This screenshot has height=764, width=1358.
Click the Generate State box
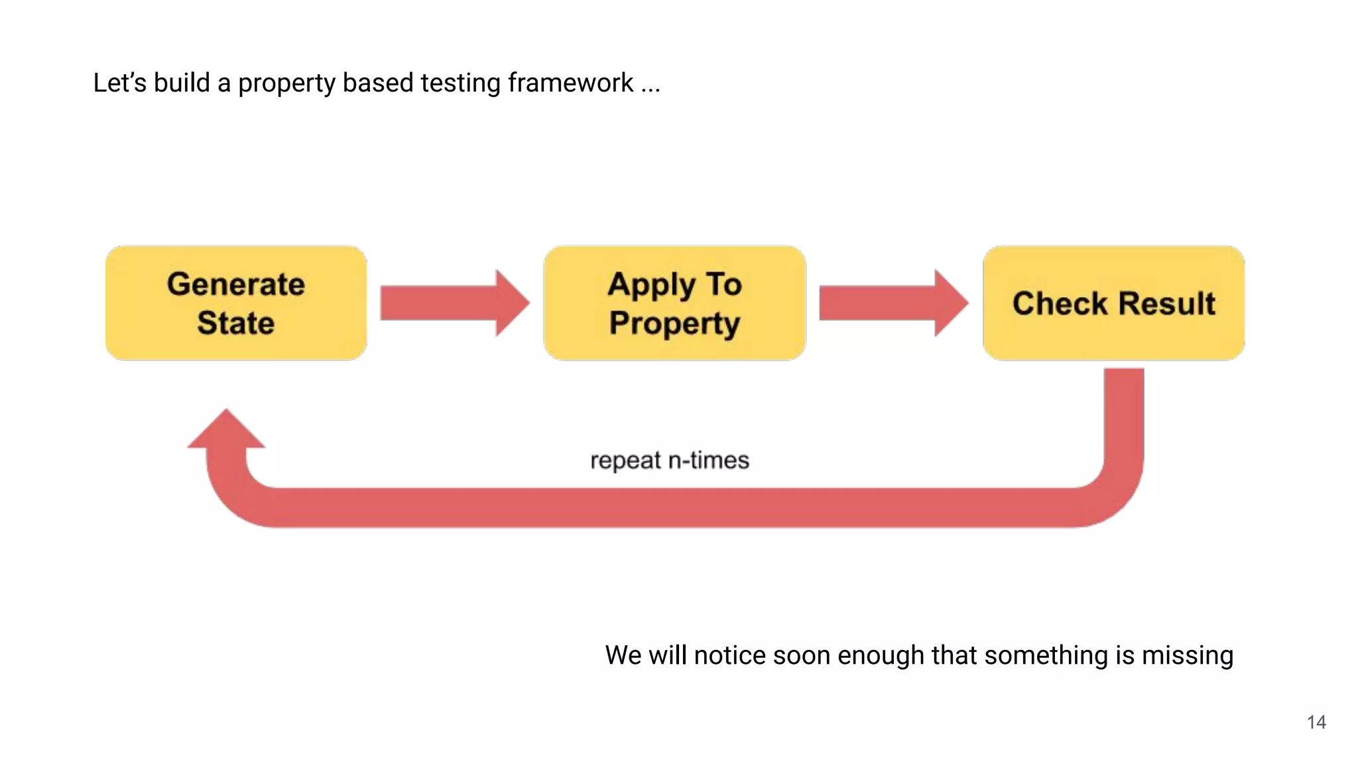point(236,303)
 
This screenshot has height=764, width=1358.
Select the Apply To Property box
point(674,303)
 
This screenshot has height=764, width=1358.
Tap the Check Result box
point(1113,303)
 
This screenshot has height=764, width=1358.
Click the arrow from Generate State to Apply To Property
point(454,303)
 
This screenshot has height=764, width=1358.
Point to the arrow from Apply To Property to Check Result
point(893,303)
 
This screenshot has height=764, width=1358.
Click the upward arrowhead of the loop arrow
point(226,430)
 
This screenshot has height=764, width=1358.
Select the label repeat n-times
point(670,460)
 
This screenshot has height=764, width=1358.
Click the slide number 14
point(1316,722)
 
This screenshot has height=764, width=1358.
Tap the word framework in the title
point(570,83)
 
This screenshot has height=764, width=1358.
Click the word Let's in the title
point(119,83)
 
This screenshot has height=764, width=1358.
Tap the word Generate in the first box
point(236,285)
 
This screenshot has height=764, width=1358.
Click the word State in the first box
point(236,323)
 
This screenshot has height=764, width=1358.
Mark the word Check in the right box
point(1060,304)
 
